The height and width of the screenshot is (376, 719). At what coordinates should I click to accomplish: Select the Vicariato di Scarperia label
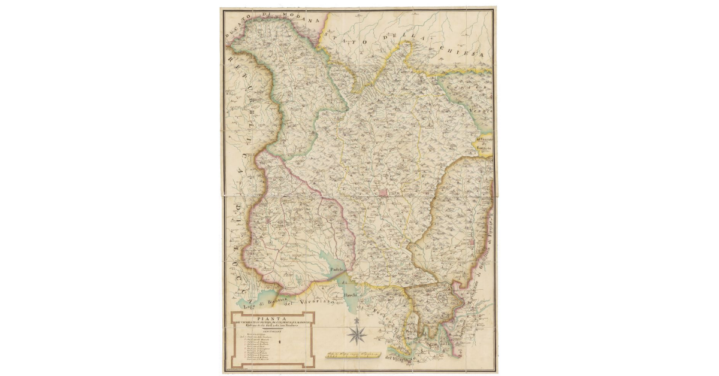[484, 144]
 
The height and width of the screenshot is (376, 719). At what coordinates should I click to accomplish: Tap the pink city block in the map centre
[383, 193]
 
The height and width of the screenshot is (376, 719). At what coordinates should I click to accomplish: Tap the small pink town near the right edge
[476, 241]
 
